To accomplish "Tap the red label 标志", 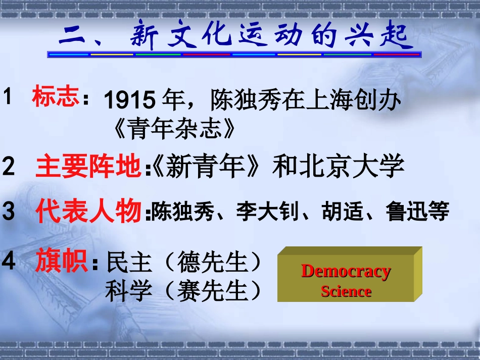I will tap(56, 96).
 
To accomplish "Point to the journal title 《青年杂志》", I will tap(174, 129).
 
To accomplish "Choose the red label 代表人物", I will tap(88, 211).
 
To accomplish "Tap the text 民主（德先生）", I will tap(184, 263).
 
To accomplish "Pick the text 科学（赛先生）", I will tap(184, 291).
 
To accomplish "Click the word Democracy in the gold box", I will tap(346, 272).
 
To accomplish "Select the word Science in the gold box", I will tap(346, 291).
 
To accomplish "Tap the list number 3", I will tap(9, 212).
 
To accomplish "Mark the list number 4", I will tap(9, 261).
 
